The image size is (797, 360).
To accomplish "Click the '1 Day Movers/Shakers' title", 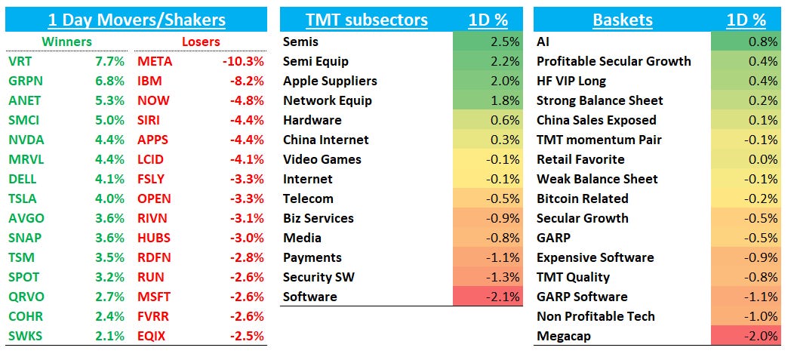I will point(136,20).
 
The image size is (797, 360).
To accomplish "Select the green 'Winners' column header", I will point(66,42).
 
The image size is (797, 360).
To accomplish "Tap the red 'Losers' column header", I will point(201,42).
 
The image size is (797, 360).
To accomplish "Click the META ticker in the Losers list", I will point(155,61).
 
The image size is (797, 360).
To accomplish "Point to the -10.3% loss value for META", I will point(243,61).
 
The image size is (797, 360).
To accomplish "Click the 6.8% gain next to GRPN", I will point(110,81).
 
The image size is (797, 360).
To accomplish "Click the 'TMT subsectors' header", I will point(366,20).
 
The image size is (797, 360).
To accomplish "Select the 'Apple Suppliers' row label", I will point(330,81).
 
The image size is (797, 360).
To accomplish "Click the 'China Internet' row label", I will point(326,140).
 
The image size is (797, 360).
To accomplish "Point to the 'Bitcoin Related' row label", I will point(582,198).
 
